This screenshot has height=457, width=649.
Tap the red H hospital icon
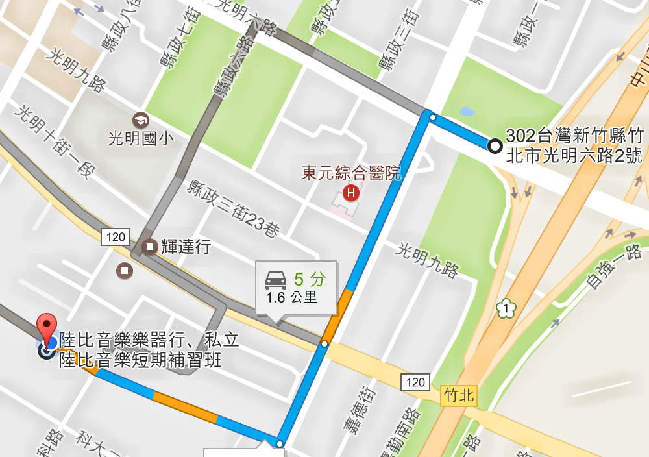(x=351, y=193)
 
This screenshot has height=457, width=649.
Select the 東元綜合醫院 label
(x=351, y=173)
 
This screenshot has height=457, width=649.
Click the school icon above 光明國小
(x=140, y=120)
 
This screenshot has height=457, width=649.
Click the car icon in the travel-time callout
(x=276, y=280)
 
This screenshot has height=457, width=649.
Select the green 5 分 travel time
(x=309, y=279)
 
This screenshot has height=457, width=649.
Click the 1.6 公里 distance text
(x=291, y=298)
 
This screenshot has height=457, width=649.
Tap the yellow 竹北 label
(x=458, y=395)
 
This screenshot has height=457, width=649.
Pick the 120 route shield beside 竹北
(x=415, y=382)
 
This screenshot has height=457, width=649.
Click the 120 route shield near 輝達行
(x=115, y=237)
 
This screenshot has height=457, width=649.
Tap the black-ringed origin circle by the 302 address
(x=495, y=146)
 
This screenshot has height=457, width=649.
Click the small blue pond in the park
(x=467, y=112)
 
